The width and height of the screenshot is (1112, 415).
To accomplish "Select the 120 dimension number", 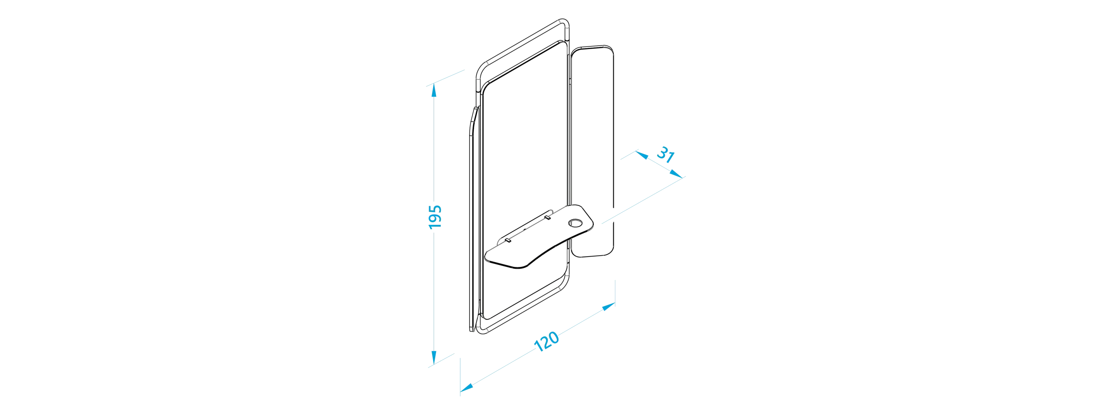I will coord(546,342).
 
